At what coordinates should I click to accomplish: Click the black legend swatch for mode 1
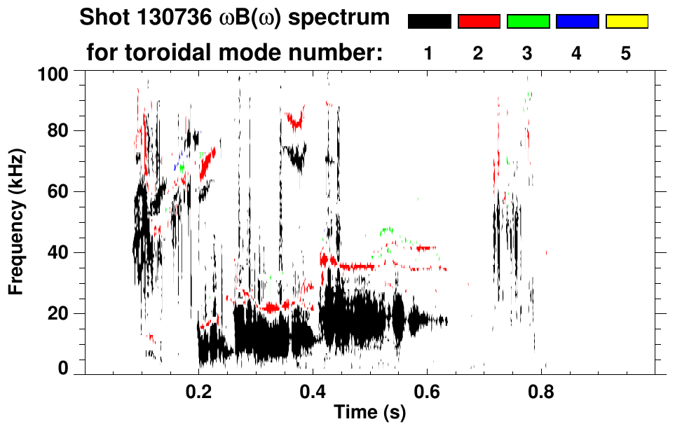click(x=429, y=22)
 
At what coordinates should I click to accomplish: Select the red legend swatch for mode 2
click(x=479, y=22)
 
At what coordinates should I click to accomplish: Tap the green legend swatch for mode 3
click(x=528, y=22)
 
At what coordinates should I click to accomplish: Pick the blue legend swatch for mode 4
click(x=577, y=22)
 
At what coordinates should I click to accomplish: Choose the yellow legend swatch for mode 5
click(x=627, y=22)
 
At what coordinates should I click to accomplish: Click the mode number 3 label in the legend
click(x=528, y=54)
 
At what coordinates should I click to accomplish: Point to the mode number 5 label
click(x=627, y=54)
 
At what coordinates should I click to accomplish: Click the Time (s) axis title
click(x=369, y=413)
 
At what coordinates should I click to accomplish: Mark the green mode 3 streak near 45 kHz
click(x=386, y=230)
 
